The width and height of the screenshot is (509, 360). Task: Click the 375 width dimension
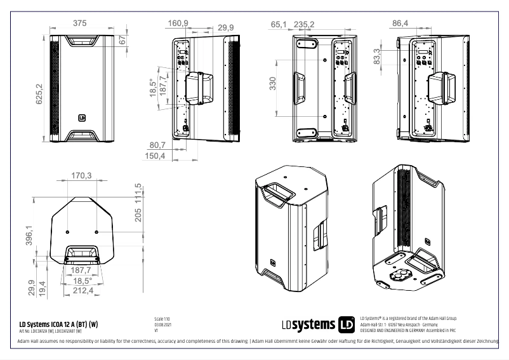79,23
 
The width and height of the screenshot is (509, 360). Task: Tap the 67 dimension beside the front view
123,40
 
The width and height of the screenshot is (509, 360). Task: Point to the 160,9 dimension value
178,23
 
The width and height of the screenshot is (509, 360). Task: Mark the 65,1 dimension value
279,24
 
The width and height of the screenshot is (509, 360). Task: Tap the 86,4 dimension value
400,23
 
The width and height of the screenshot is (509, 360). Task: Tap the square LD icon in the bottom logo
347,324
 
